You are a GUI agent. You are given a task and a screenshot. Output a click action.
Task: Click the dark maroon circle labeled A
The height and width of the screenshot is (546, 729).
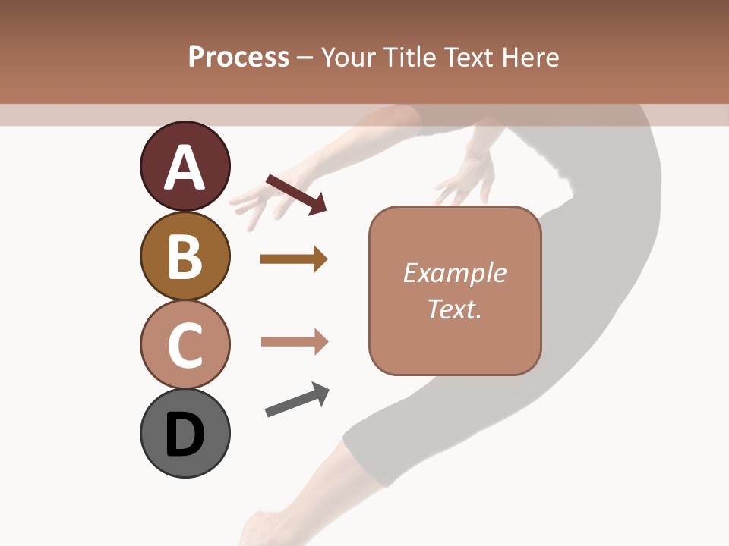click(x=185, y=166)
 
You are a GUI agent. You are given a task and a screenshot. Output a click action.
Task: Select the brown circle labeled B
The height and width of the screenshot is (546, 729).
click(x=185, y=256)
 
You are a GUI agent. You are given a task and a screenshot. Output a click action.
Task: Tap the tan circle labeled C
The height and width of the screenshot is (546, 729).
click(x=185, y=344)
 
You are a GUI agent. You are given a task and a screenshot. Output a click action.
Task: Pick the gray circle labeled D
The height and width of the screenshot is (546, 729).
click(x=185, y=433)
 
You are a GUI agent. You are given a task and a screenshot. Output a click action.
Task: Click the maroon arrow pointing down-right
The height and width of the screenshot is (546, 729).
click(x=296, y=193)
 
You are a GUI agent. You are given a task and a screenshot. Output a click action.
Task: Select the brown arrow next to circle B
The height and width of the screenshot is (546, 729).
click(x=294, y=259)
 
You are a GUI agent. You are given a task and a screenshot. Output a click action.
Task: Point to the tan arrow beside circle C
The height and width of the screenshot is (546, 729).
click(x=294, y=342)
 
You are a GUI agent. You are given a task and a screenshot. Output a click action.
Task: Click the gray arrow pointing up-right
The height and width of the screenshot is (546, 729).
click(x=297, y=400)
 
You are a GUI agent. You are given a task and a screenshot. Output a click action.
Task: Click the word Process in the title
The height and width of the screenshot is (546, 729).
click(x=238, y=57)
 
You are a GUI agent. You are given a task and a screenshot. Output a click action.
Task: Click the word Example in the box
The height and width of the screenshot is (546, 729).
click(x=454, y=273)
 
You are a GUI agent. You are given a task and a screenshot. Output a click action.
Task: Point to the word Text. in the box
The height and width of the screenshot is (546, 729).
click(x=454, y=309)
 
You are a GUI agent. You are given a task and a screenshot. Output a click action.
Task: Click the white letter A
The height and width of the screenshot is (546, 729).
click(x=185, y=168)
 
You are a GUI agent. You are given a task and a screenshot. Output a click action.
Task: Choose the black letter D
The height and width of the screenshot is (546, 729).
click(x=185, y=435)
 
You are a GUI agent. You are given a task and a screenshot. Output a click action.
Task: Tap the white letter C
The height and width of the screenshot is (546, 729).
click(x=185, y=346)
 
